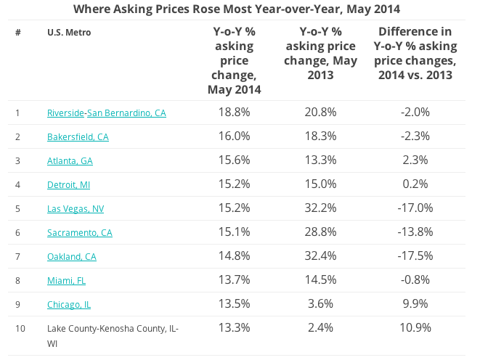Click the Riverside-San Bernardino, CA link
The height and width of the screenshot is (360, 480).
pos(106,113)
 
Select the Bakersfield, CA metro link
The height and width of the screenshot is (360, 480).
pos(78,137)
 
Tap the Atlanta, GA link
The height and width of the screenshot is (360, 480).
pos(70,161)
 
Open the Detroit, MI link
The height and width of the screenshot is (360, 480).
pos(68,185)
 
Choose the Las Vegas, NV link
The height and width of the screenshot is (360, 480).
pos(76,209)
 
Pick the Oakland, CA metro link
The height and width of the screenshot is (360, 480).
pos(71,257)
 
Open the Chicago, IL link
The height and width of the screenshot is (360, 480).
pos(69,305)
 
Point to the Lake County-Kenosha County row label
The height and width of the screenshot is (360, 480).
pos(113,329)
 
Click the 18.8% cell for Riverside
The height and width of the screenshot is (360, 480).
pos(234,112)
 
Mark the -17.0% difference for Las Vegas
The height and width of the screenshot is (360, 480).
pos(416,208)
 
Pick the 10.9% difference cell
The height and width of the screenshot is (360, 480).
pos(416,328)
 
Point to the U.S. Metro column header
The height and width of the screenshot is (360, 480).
pos(69,33)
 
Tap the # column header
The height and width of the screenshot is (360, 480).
pos(17,33)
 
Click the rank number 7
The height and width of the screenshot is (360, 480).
pos(17,257)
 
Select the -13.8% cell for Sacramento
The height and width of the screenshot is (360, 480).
pos(416,232)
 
